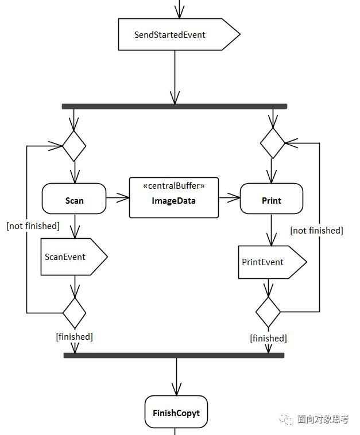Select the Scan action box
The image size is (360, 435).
click(74, 200)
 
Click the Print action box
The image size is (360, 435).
click(271, 200)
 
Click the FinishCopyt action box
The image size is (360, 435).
click(176, 412)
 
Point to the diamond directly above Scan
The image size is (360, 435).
click(74, 146)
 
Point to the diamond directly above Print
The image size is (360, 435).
click(273, 143)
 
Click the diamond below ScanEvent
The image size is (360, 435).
click(74, 313)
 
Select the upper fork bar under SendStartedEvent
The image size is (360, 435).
click(174, 106)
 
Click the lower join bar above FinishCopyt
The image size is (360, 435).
click(174, 355)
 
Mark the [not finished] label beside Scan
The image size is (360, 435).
click(33, 226)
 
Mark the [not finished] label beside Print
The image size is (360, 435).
click(316, 230)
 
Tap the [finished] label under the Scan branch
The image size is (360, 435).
click(74, 336)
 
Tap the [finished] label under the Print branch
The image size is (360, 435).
click(268, 338)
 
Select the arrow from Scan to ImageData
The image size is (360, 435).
click(118, 199)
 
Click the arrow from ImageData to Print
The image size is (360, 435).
click(229, 199)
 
